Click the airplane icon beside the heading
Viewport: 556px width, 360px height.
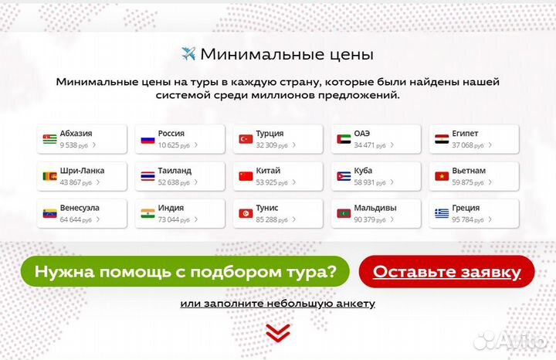click(x=188, y=54)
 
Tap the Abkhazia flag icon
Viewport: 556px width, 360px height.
click(x=50, y=139)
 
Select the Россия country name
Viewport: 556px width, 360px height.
click(x=171, y=134)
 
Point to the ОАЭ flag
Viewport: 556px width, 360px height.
click(x=344, y=139)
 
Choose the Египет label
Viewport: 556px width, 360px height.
click(x=465, y=134)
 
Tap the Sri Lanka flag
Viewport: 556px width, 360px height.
click(x=50, y=176)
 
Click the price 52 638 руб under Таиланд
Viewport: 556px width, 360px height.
click(x=175, y=182)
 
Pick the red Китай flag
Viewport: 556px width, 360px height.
click(x=246, y=176)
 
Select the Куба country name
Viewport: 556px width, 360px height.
click(x=364, y=171)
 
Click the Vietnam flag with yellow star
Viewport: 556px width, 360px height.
click(x=442, y=176)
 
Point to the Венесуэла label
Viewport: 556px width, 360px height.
click(x=80, y=208)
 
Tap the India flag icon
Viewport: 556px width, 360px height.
click(x=147, y=213)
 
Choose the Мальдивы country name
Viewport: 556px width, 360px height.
click(x=375, y=208)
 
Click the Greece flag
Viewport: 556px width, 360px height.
click(x=442, y=213)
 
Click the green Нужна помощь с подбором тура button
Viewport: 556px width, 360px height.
click(x=185, y=271)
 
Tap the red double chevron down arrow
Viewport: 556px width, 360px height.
click(x=278, y=332)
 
